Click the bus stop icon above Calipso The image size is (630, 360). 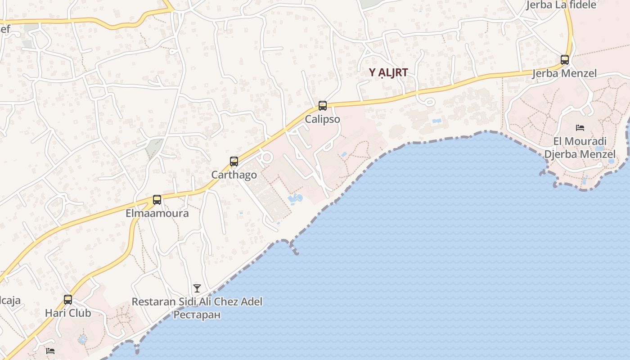323,106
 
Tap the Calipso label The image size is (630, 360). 323,119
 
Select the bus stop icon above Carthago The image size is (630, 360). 234,162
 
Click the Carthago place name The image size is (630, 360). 234,175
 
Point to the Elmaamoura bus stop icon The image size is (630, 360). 157,199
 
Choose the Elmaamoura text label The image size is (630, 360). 157,213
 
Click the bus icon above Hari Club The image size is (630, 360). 68,299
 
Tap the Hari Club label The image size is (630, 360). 68,313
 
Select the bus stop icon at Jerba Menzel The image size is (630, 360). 565,59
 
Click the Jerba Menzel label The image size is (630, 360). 565,73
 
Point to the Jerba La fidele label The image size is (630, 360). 562,5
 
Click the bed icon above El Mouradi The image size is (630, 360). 580,128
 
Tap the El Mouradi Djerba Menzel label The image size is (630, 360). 580,148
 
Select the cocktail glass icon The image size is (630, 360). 197,288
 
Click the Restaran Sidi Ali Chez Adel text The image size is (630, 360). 197,301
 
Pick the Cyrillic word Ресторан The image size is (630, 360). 197,315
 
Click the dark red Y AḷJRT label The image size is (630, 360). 388,72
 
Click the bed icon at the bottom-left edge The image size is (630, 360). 50,351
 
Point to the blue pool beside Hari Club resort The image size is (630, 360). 82,339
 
